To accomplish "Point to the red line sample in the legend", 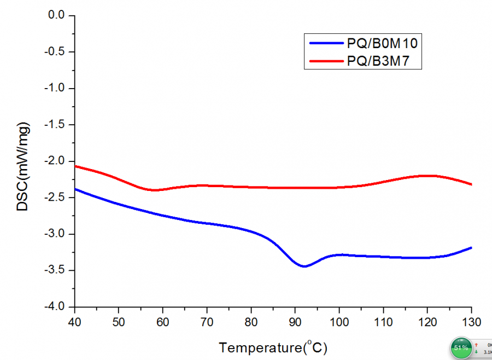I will pyautogui.click(x=325, y=61).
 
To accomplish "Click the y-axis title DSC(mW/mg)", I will pyautogui.click(x=23, y=166).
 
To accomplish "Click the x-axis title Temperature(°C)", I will pyautogui.click(x=273, y=347).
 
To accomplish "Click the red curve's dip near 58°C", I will pyautogui.click(x=155, y=190).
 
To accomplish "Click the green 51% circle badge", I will pyautogui.click(x=461, y=347).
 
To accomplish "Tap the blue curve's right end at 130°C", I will pyautogui.click(x=471, y=248).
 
